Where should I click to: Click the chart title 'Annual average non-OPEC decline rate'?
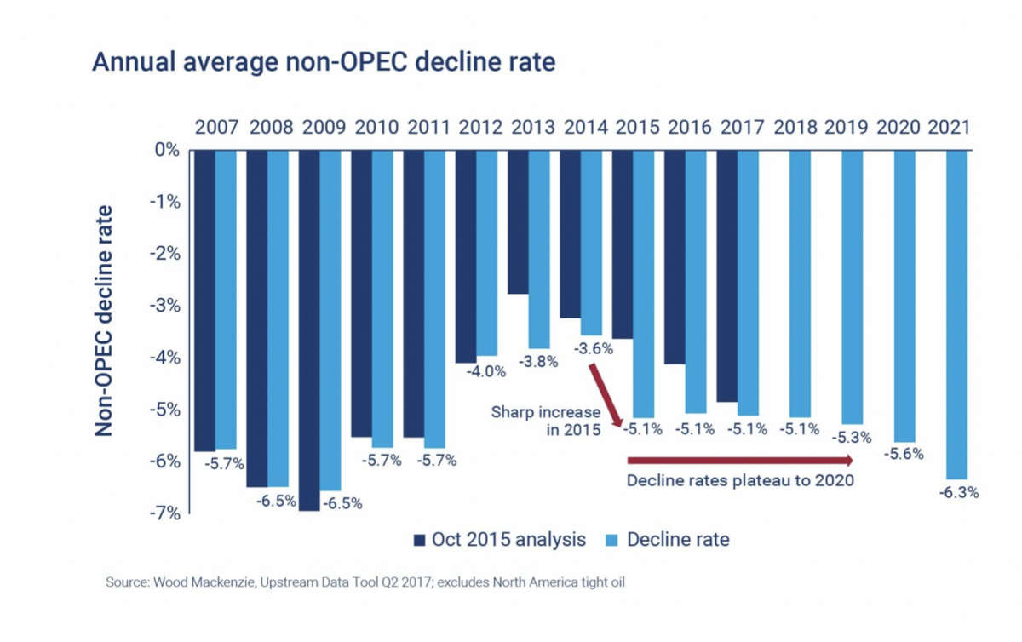point(324,63)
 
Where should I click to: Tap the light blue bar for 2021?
point(957,315)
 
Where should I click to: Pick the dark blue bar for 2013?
point(518,221)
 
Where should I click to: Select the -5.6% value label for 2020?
point(904,454)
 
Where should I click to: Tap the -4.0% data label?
point(485,370)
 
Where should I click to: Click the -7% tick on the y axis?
point(165,513)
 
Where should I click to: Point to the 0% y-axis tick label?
point(169,150)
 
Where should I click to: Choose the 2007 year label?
point(216,128)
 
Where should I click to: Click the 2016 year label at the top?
point(690,128)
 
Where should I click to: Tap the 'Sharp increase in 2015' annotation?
point(545,421)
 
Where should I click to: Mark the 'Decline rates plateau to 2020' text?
point(740,480)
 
